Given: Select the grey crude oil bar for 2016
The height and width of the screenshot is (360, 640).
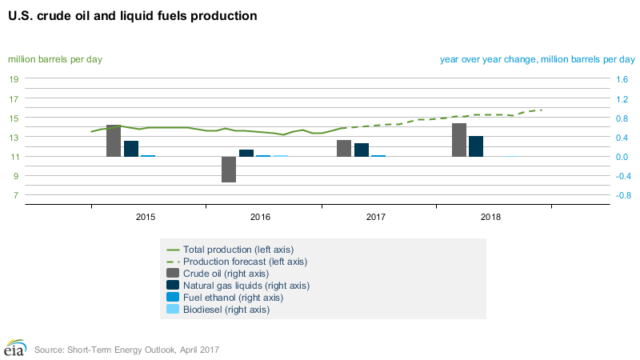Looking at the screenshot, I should (229, 169).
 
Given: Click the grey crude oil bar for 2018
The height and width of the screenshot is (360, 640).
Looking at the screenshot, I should (459, 140).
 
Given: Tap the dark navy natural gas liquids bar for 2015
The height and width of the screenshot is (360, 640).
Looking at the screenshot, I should (131, 148).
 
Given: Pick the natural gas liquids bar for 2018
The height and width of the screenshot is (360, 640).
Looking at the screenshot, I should (476, 146).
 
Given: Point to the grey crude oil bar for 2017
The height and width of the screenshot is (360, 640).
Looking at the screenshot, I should (344, 148).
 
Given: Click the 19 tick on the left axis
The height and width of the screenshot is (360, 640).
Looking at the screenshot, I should (14, 79).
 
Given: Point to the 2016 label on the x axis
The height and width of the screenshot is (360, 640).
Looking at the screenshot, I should (261, 217).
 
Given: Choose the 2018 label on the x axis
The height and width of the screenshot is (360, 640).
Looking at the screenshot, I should (491, 217).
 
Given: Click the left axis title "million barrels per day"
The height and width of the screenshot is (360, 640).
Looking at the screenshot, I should (55, 59).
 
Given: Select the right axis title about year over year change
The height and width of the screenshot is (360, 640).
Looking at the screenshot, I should (537, 59).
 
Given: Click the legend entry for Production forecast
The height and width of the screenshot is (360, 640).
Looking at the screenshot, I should (245, 262).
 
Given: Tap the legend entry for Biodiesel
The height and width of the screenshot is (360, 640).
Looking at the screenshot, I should (226, 310).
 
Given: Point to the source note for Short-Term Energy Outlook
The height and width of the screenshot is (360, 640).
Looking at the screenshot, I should (126, 350).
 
